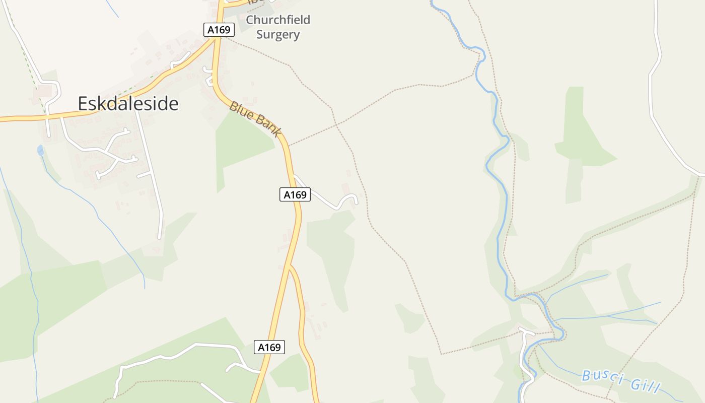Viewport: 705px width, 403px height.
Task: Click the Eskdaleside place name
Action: click(x=128, y=104)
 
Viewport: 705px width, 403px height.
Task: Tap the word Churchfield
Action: click(x=277, y=20)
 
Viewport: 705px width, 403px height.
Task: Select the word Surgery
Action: click(x=277, y=35)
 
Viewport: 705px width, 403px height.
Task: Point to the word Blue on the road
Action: click(x=241, y=112)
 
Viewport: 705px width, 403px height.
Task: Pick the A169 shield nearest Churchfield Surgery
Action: click(x=219, y=30)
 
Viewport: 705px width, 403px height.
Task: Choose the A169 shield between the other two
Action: click(x=295, y=194)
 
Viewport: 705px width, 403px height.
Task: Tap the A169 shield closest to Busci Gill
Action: click(x=269, y=347)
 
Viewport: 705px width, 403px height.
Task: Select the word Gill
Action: click(x=645, y=385)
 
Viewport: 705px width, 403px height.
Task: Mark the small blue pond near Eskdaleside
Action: click(x=40, y=150)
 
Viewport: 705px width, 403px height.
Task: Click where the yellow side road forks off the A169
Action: click(x=290, y=265)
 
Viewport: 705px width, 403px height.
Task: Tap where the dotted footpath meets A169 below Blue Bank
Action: click(x=288, y=146)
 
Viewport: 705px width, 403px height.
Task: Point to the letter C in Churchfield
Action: click(x=250, y=20)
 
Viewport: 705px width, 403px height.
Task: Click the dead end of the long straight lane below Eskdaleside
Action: click(x=160, y=237)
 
